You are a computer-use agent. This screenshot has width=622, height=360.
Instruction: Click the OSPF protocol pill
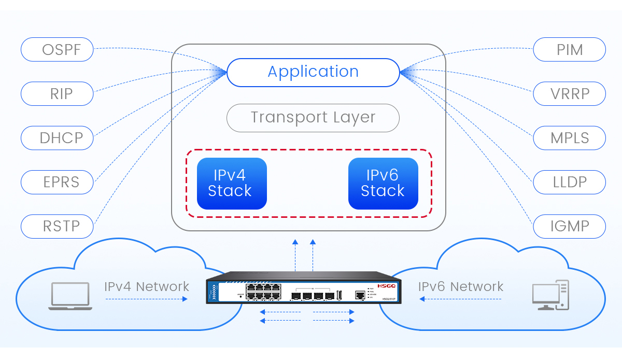(x=57, y=50)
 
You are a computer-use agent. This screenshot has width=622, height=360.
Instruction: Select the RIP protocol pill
(x=57, y=94)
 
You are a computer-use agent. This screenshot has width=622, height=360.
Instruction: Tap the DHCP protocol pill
(x=57, y=138)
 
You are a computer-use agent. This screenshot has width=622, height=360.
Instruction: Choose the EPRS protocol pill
(x=57, y=182)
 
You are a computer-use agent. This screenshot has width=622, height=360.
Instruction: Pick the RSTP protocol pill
(x=57, y=227)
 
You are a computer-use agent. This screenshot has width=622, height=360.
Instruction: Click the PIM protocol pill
(x=569, y=50)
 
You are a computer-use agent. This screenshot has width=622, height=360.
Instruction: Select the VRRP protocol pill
(x=569, y=94)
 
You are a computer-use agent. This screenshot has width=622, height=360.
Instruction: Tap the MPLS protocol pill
(x=569, y=138)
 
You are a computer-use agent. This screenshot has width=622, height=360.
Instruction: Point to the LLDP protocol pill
(x=569, y=182)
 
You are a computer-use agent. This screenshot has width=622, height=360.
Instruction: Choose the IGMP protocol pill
(x=569, y=227)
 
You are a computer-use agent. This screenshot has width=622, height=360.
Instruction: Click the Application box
(x=313, y=72)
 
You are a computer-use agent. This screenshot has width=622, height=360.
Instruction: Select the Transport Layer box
(x=313, y=118)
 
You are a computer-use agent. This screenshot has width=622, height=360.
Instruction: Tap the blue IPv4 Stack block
(x=232, y=184)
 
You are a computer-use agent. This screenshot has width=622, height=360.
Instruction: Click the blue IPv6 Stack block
(x=383, y=184)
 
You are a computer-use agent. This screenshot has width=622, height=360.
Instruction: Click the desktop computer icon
(x=550, y=295)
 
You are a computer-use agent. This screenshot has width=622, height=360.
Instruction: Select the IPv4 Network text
(x=147, y=286)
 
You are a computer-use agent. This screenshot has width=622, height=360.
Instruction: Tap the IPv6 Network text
(x=461, y=286)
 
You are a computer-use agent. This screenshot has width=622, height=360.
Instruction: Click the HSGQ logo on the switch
(x=386, y=286)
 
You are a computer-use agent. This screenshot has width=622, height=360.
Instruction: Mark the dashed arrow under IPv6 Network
(x=461, y=299)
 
